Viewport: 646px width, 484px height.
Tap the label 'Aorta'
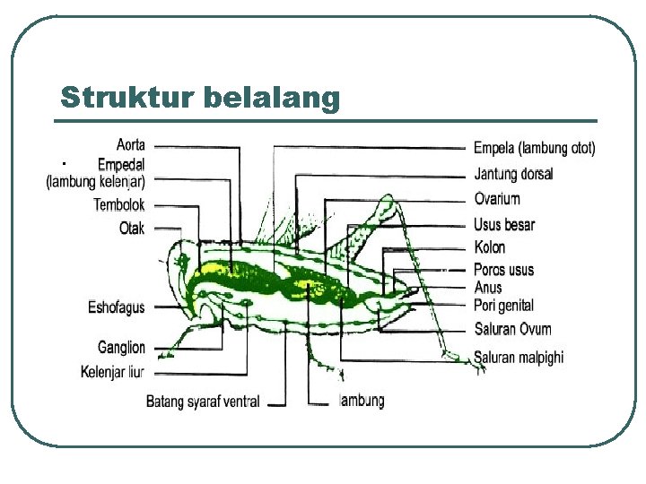[132, 144]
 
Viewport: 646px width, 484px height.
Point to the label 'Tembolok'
[119, 204]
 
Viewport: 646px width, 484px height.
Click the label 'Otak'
[132, 228]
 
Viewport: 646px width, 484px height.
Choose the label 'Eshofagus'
[116, 308]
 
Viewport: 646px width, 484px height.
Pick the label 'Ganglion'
[121, 348]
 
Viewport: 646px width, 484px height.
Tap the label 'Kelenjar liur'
[113, 371]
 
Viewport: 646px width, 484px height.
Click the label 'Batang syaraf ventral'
[203, 402]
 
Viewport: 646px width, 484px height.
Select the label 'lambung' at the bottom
[362, 401]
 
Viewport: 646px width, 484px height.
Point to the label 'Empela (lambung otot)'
[534, 148]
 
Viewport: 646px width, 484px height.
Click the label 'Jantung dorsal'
[513, 174]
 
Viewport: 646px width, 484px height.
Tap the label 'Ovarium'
[497, 199]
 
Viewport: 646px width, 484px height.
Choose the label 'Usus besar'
[504, 225]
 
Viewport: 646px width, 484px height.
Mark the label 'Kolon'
[490, 247]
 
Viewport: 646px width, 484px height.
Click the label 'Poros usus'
[503, 270]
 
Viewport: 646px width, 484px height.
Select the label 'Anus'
[488, 288]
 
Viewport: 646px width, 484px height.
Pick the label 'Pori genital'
[503, 306]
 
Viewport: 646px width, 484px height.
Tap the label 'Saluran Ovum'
[512, 329]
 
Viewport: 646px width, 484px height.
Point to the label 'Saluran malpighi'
[519, 357]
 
